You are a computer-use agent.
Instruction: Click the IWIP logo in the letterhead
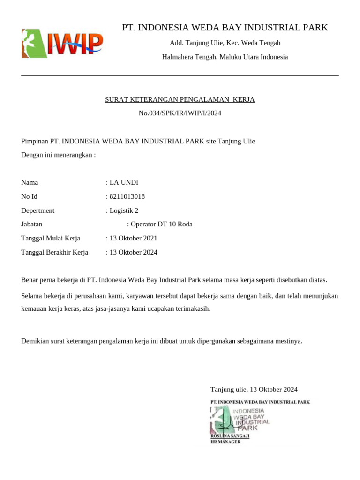click(62, 43)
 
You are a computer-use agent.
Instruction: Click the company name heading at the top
click(225, 28)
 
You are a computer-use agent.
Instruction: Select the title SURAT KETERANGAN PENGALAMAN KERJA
click(180, 100)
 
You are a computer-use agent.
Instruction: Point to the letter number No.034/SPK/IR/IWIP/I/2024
click(180, 113)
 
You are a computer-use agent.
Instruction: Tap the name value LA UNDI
click(124, 183)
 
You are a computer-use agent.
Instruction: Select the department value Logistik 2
click(124, 210)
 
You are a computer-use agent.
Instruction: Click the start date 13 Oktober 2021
click(133, 239)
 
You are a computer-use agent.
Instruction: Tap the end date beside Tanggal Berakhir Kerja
click(133, 253)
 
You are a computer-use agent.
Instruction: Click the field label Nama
click(30, 183)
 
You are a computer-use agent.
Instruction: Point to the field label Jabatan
click(32, 225)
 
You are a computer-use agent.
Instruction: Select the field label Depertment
click(38, 210)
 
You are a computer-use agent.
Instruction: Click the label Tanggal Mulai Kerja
click(51, 239)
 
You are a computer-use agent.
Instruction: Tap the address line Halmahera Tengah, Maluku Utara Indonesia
click(225, 57)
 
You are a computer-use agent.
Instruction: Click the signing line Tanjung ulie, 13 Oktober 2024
click(254, 390)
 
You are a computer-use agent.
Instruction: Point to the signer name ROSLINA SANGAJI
click(230, 436)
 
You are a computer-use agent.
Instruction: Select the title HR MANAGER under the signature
click(225, 442)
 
